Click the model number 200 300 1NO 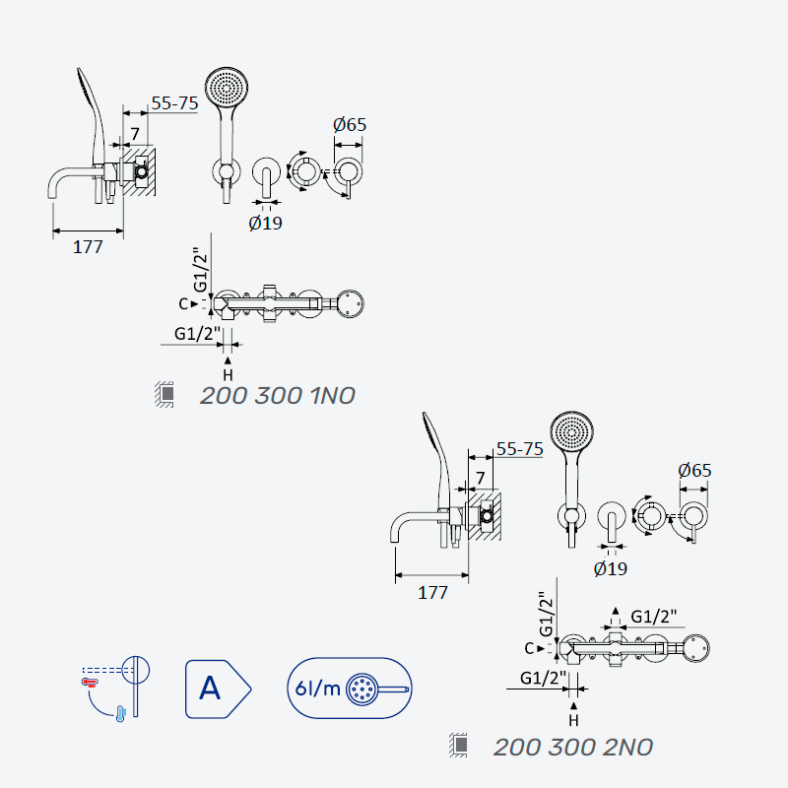click(278, 396)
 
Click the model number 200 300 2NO click(573, 748)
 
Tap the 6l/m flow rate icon click(350, 688)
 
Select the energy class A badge click(218, 689)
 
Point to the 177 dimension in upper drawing click(88, 247)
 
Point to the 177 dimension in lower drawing click(432, 593)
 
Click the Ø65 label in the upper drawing click(350, 125)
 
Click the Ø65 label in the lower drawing click(695, 471)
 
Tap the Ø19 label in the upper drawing click(265, 223)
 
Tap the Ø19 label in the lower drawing click(611, 568)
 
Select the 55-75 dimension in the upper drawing click(175, 103)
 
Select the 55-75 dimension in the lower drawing click(520, 449)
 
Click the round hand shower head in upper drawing click(227, 89)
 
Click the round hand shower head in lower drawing click(572, 433)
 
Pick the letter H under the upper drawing click(228, 375)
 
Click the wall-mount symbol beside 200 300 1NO click(164, 394)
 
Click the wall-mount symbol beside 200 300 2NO click(458, 745)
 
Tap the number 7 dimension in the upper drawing click(135, 134)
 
